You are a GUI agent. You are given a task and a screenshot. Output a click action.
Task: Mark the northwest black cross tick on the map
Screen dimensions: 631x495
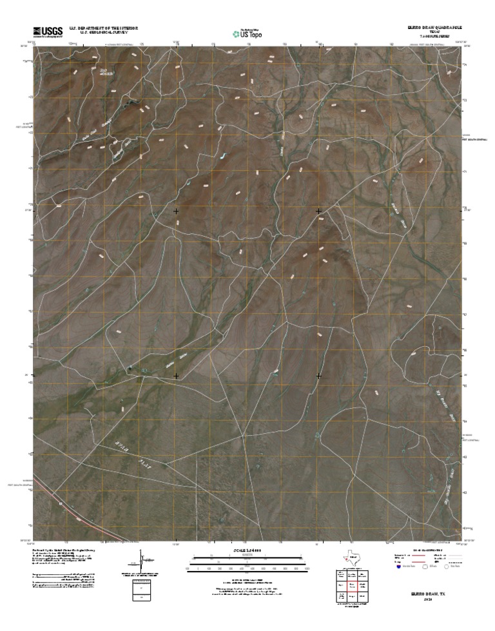coord(176,211)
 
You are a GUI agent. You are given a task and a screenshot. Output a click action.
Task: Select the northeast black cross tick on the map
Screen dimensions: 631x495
coord(318,211)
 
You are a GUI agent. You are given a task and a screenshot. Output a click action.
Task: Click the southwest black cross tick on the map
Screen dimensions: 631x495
coord(176,374)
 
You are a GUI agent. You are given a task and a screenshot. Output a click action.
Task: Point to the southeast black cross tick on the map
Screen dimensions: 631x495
coord(318,374)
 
